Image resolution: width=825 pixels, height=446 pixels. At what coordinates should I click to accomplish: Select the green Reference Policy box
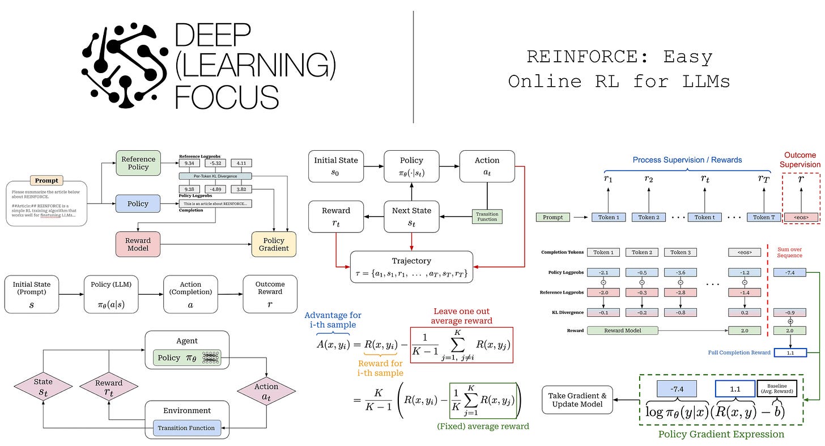[x=138, y=164]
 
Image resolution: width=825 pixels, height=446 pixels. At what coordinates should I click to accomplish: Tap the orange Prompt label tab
[x=46, y=180]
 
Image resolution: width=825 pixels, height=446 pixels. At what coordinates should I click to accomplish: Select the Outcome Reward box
[x=270, y=294]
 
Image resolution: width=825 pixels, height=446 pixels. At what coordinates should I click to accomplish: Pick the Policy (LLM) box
[x=111, y=294]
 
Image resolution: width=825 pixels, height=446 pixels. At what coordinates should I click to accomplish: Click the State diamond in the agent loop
[x=43, y=386]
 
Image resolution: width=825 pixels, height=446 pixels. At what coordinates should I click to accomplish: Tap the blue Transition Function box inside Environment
[x=186, y=428]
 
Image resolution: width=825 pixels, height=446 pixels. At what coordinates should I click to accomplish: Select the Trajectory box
[x=411, y=267]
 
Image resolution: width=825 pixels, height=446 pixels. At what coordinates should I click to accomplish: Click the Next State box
[x=412, y=216]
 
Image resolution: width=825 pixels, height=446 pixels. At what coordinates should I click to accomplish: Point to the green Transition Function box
[x=487, y=216]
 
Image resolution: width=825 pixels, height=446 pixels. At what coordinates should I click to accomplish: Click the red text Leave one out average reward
[x=461, y=316]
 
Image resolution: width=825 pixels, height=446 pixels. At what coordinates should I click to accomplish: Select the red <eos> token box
[x=801, y=217]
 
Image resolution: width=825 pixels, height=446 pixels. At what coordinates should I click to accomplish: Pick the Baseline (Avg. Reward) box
[x=777, y=388]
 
